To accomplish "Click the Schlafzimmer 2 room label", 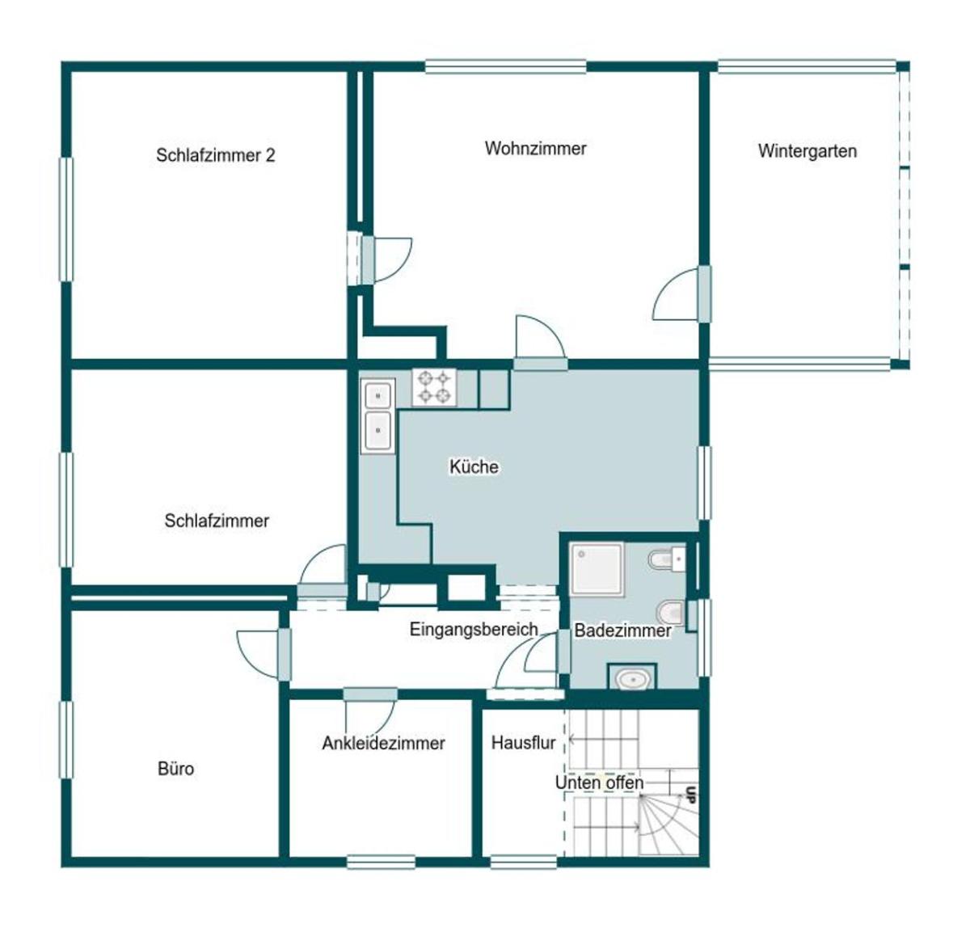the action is [x=215, y=155].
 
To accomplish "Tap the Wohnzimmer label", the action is [x=535, y=149].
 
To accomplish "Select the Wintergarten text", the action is [x=808, y=151].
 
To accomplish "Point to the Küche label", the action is [x=474, y=466].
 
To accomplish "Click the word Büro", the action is [x=176, y=769].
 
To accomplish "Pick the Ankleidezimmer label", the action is [x=383, y=743].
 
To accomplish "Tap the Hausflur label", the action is [x=523, y=743].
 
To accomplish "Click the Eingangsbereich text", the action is [x=474, y=630].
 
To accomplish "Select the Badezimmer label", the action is [x=622, y=631].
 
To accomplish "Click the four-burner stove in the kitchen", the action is [x=434, y=386].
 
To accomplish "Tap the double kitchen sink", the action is [x=377, y=416].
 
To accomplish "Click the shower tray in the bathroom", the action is [x=597, y=569].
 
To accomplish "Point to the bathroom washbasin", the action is [x=631, y=679].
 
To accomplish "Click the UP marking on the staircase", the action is [x=691, y=795].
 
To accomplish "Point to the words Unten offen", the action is [x=599, y=782].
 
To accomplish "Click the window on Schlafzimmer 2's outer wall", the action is [x=66, y=220].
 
